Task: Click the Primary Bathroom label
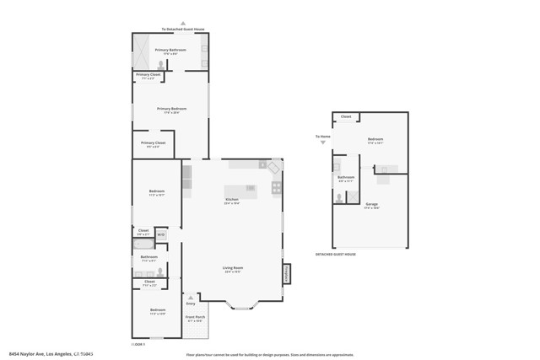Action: click(170, 51)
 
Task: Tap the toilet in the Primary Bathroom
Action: click(161, 64)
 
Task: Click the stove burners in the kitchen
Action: click(276, 188)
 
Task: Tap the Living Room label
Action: click(233, 270)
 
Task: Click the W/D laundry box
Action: click(160, 234)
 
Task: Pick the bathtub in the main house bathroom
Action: click(144, 243)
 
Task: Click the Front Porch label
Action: click(194, 318)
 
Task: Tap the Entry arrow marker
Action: click(190, 297)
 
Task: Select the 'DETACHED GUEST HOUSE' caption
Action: click(336, 254)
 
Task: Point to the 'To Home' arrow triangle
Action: click(323, 143)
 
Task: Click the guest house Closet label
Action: click(345, 116)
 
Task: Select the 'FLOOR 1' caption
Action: click(138, 344)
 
